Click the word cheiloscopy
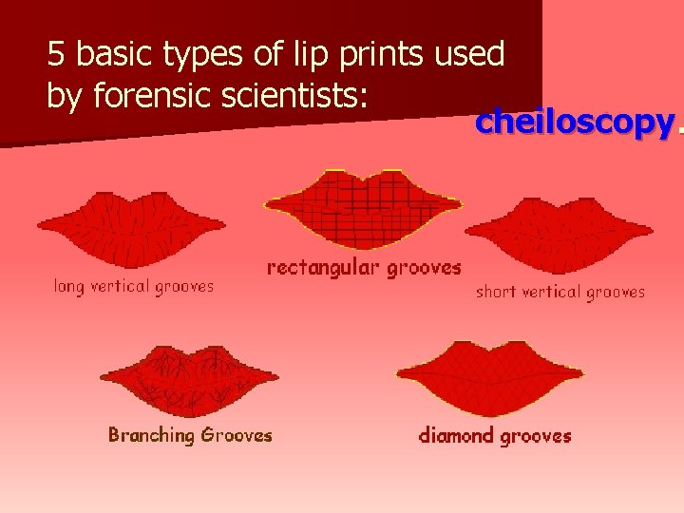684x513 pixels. coord(575,123)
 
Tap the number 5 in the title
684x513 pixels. coord(57,55)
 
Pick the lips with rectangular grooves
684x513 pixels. coord(363,208)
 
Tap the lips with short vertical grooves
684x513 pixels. coord(559,235)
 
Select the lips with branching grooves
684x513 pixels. coord(188,379)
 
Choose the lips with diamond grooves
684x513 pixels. coord(490,377)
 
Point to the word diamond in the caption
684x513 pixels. coord(457,436)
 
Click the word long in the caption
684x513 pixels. coord(68,285)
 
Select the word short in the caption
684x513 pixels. coord(496,293)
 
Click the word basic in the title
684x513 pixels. coord(115,55)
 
